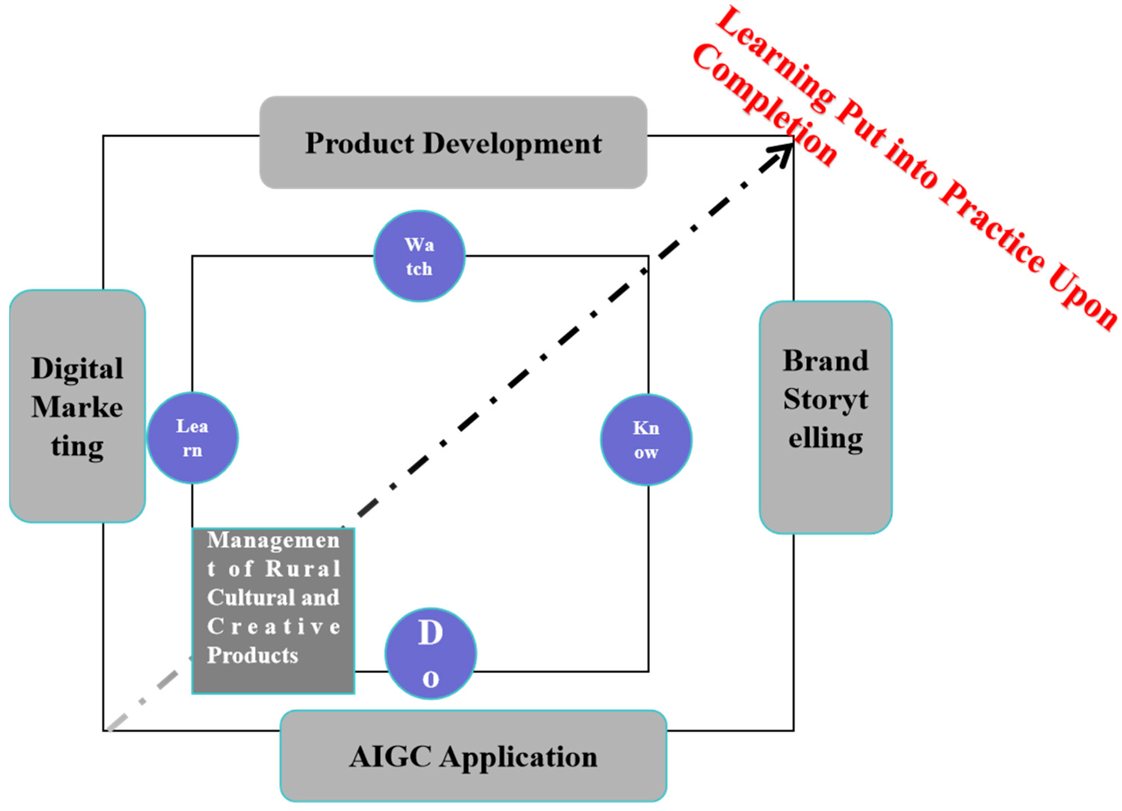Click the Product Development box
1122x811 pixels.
[453, 143]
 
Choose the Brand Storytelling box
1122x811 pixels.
[825, 417]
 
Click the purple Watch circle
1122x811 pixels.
[419, 256]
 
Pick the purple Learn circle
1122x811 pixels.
[192, 438]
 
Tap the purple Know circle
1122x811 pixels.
[646, 439]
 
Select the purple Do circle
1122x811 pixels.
[430, 653]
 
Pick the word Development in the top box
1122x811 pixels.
[513, 143]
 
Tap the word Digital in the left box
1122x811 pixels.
[77, 369]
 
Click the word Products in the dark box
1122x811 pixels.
[252, 655]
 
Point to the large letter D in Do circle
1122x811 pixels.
[430, 633]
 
